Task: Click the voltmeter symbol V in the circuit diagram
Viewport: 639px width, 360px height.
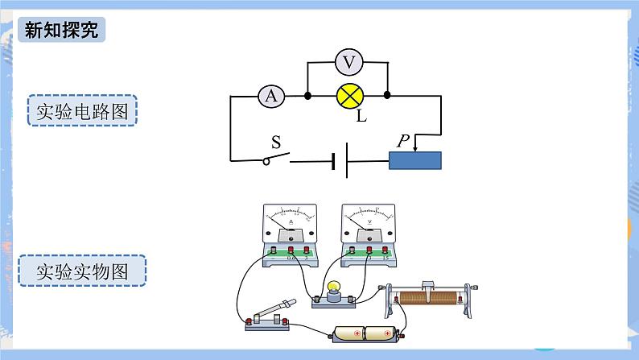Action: pos(348,60)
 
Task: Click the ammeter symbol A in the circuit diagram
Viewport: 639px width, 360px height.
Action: pos(271,96)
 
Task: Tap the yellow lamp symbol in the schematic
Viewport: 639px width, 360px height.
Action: pos(348,96)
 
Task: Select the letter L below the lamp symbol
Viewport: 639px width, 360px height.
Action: pos(361,118)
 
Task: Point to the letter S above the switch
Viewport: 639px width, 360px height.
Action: pos(276,143)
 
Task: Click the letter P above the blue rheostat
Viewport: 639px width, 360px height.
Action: pos(403,141)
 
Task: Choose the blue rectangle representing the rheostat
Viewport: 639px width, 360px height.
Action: pos(414,159)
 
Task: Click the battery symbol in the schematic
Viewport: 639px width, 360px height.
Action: pos(340,160)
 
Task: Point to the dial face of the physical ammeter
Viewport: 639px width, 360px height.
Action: pos(291,219)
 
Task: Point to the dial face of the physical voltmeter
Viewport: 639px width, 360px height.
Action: pos(369,219)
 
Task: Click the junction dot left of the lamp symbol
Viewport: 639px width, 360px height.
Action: pos(309,96)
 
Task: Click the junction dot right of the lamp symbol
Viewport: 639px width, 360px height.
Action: pos(388,95)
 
